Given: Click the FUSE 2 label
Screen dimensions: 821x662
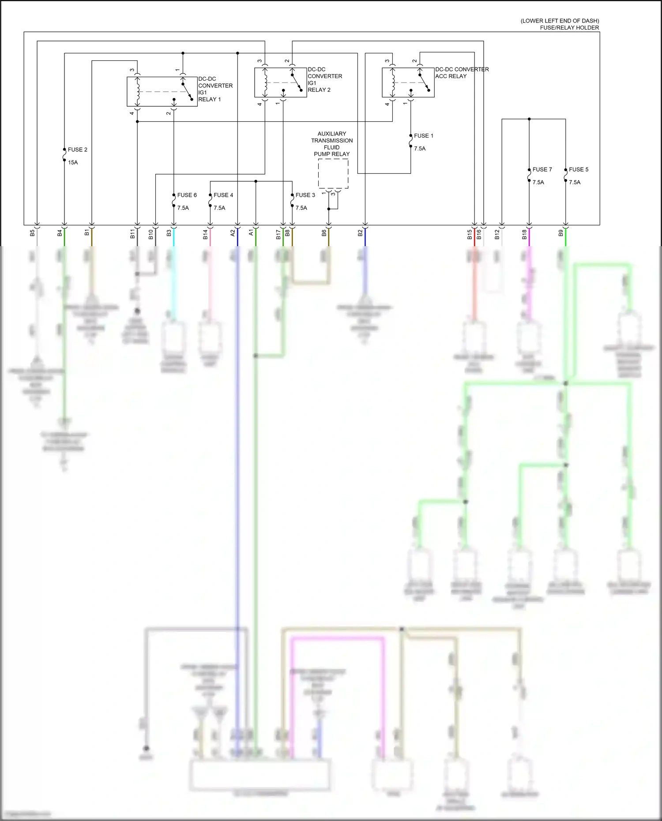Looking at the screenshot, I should pyautogui.click(x=77, y=150).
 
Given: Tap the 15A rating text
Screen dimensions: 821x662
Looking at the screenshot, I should pyautogui.click(x=73, y=162).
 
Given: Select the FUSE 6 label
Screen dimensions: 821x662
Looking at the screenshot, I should pyautogui.click(x=187, y=195).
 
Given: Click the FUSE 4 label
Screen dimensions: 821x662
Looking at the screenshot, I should pyautogui.click(x=223, y=195).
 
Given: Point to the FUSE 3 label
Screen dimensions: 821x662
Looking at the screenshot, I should pyautogui.click(x=305, y=195).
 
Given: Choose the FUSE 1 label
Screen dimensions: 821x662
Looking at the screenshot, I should pyautogui.click(x=423, y=136).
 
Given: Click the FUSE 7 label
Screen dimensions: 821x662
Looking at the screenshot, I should pyautogui.click(x=542, y=169).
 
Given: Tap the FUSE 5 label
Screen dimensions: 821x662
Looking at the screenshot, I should pyautogui.click(x=578, y=169).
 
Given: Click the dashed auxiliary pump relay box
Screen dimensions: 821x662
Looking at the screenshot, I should pyautogui.click(x=333, y=174).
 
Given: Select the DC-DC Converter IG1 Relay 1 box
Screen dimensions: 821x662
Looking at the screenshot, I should pyautogui.click(x=162, y=92).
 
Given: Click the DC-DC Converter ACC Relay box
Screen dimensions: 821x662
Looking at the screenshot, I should pyautogui.click(x=408, y=82).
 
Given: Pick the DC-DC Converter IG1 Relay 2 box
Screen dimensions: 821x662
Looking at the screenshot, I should pyautogui.click(x=280, y=82).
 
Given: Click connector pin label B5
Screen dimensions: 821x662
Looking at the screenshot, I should pyautogui.click(x=32, y=232).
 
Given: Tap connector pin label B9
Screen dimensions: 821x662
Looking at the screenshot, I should pyautogui.click(x=561, y=232).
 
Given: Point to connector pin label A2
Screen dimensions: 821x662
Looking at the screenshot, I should pyautogui.click(x=233, y=232).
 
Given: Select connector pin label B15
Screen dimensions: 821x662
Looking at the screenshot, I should pyautogui.click(x=470, y=234).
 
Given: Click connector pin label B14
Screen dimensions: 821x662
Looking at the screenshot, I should pyautogui.click(x=205, y=234).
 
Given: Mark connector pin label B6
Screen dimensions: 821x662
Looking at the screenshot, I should pyautogui.click(x=324, y=232).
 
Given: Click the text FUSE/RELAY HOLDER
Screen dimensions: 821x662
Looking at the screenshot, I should pyautogui.click(x=569, y=28).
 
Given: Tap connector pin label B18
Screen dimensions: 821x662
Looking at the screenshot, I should pyautogui.click(x=524, y=234).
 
